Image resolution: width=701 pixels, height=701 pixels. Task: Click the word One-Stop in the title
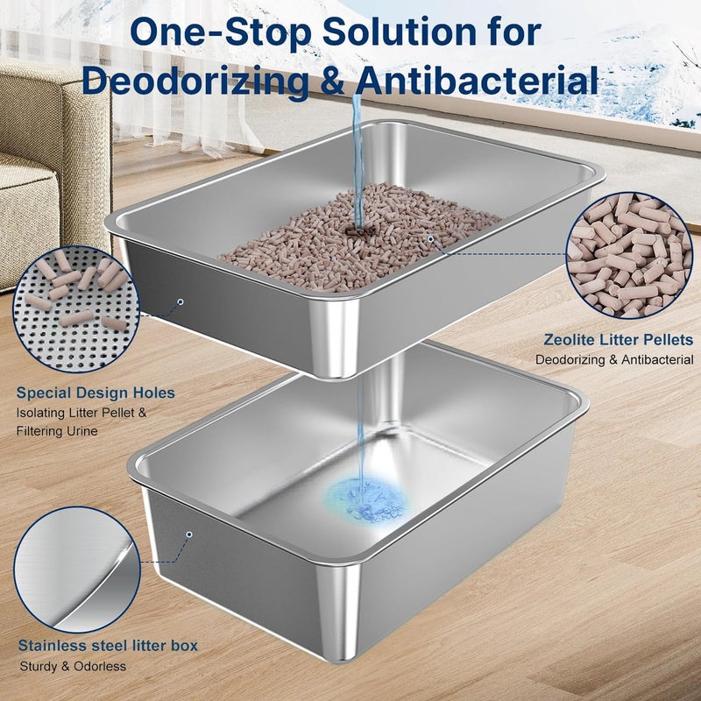click(x=221, y=32)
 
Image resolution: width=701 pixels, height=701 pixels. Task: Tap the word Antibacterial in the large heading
click(x=477, y=80)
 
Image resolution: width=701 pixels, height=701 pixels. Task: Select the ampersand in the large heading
click(x=331, y=81)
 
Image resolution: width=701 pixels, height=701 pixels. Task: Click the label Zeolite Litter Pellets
click(x=619, y=340)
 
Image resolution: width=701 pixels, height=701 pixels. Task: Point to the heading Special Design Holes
click(x=96, y=393)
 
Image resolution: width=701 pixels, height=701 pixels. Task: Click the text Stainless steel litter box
click(x=108, y=646)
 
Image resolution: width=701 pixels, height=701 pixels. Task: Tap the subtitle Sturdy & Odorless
click(x=73, y=667)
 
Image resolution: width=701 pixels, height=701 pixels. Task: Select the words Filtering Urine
click(x=57, y=431)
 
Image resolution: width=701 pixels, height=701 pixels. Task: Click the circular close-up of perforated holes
click(x=76, y=309)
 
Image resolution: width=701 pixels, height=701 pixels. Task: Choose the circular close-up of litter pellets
click(x=629, y=255)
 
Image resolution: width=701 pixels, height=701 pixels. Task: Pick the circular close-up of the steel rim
click(x=77, y=570)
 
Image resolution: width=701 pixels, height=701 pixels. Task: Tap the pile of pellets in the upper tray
click(x=360, y=237)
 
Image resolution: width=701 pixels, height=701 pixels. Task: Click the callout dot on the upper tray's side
click(x=181, y=301)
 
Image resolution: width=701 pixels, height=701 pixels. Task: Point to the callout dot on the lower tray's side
click(x=189, y=535)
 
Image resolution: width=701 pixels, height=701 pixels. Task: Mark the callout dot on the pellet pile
click(x=430, y=239)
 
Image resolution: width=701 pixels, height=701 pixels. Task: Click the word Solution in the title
click(x=400, y=32)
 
